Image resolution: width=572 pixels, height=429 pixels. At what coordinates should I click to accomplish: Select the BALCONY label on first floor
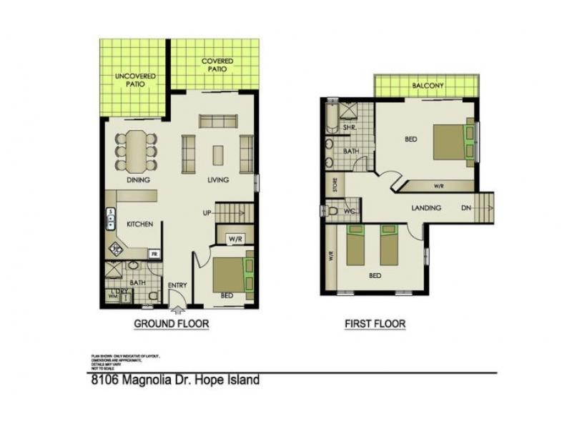[428, 86]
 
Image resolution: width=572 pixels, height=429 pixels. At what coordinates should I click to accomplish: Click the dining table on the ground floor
[136, 149]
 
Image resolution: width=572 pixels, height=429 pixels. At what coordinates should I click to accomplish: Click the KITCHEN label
[140, 225]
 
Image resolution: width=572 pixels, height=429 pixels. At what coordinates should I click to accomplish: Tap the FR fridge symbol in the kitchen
[154, 253]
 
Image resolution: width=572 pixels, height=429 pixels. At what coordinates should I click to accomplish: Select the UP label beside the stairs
[207, 213]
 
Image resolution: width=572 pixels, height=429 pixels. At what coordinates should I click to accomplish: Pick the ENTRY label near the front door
[177, 285]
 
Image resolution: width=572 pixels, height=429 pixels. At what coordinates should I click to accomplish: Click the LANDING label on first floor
[426, 208]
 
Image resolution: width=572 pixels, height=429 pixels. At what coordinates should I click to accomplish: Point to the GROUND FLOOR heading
[172, 324]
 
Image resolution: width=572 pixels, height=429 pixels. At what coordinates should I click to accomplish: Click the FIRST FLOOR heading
[375, 324]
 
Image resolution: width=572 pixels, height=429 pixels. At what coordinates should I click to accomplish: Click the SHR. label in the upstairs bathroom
[350, 127]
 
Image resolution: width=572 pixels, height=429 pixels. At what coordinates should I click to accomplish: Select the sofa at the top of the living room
[218, 120]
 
